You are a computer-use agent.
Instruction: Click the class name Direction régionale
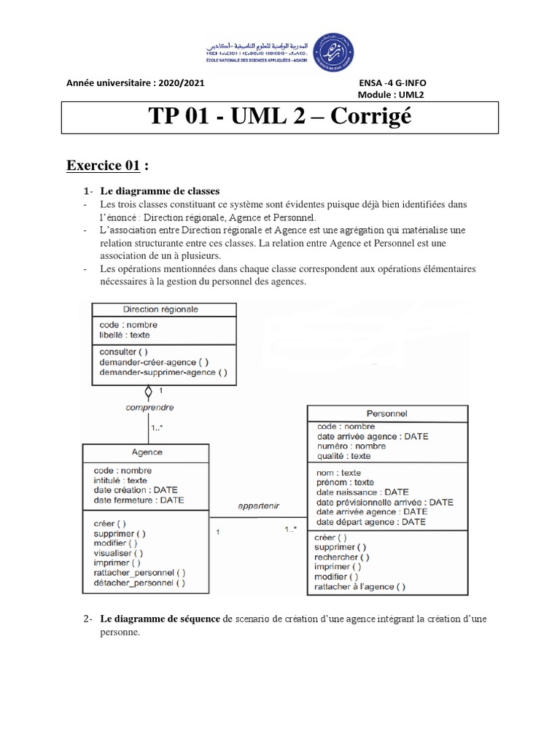click(x=160, y=309)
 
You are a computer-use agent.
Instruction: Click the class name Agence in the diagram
click(x=147, y=452)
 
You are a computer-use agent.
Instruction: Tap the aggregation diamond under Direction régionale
click(x=149, y=392)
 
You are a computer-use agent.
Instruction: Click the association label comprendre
click(x=149, y=408)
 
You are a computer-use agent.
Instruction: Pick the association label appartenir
click(x=259, y=506)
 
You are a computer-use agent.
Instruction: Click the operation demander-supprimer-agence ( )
click(x=163, y=372)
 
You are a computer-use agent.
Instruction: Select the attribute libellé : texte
click(x=125, y=336)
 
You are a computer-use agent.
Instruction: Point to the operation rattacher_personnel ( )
click(x=140, y=573)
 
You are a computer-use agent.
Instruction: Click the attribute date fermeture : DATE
click(x=139, y=500)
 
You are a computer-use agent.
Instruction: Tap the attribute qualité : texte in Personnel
click(x=343, y=456)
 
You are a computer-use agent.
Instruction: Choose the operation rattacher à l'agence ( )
click(x=360, y=586)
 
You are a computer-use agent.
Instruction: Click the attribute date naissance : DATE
click(x=362, y=492)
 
